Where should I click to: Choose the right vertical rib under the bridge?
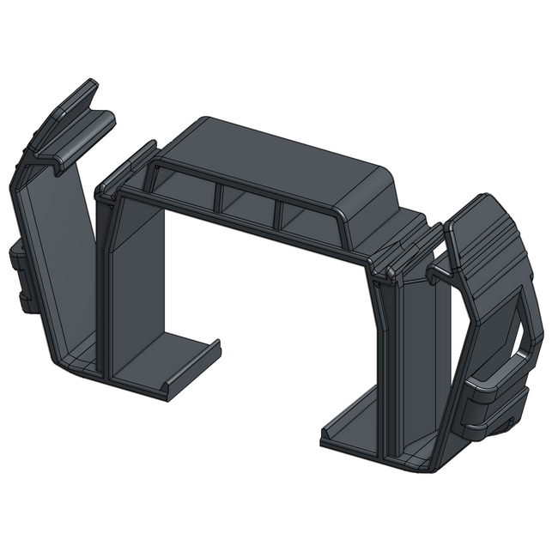[x=278, y=214]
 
